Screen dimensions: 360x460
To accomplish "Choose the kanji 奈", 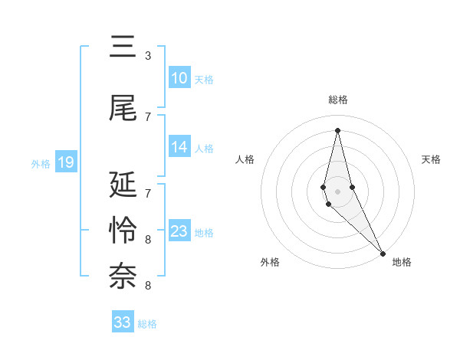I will point(123,277).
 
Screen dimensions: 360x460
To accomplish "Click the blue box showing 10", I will point(179,78).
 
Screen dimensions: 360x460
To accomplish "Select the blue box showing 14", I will point(179,147).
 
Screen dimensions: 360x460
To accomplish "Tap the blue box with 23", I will point(179,231).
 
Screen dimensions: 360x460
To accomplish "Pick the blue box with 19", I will point(65,162).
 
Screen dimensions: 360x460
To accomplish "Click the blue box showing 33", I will point(123,322).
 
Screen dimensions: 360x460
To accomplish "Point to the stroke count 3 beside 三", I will point(148,56).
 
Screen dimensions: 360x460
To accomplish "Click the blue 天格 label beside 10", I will point(204,79).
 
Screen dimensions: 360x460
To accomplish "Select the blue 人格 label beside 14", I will point(204,148).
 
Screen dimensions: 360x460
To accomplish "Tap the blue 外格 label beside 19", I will point(41,163).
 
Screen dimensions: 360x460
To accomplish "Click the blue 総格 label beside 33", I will point(147,323).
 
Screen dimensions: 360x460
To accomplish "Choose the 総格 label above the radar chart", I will point(338,100).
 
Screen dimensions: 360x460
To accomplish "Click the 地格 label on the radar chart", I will point(402,262).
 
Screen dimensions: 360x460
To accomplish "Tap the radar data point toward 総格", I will point(337,129).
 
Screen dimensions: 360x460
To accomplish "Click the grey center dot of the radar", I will point(337,191).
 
